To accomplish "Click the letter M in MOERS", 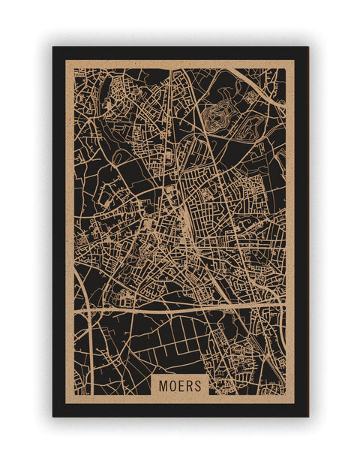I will pyautogui.click(x=162, y=386).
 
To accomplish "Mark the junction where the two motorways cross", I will pyautogui.click(x=91, y=308).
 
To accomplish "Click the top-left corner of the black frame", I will pyautogui.click(x=53, y=47).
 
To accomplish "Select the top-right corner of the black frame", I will pyautogui.click(x=307, y=47).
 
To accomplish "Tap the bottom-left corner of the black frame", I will pyautogui.click(x=53, y=416).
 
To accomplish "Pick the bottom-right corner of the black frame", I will pyautogui.click(x=307, y=416).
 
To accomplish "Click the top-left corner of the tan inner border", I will pyautogui.click(x=65, y=60).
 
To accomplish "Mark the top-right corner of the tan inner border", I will pyautogui.click(x=294, y=60).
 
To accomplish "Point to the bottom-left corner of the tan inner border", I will pyautogui.click(x=65, y=403).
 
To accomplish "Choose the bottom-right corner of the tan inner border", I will pyautogui.click(x=294, y=403).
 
